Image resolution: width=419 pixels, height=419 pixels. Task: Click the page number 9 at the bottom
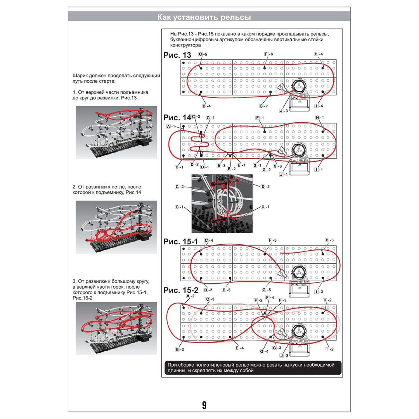coord(204,405)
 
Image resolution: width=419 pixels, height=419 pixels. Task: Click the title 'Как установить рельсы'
coord(204,17)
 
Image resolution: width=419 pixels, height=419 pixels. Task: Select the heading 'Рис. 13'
coord(177,55)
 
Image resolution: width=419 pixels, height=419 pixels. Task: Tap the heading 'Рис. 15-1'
coord(181,241)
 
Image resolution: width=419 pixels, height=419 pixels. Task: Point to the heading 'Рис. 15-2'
coord(181,290)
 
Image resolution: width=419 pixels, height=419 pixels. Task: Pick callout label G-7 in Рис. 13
coord(263,106)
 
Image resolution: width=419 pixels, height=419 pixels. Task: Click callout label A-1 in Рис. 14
coord(171,127)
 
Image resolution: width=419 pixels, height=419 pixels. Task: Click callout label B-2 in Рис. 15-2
coord(180,350)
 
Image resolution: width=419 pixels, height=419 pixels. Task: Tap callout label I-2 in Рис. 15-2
coord(329,349)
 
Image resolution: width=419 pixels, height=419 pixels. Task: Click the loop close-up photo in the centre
coord(222,203)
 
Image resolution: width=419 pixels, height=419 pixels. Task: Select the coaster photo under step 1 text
coord(116,132)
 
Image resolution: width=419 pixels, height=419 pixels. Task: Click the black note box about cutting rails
coord(253,367)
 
